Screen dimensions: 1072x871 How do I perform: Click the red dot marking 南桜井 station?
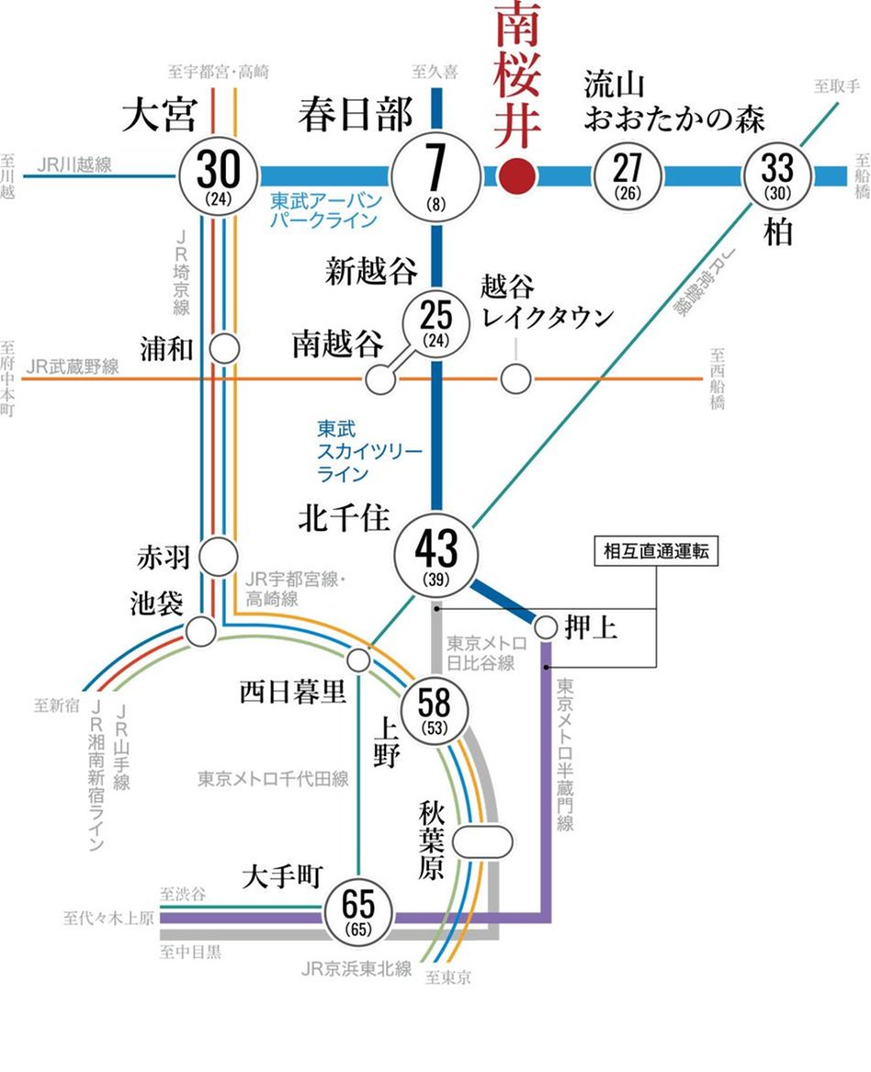tap(517, 175)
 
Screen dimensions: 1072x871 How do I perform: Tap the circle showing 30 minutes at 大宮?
tap(221, 175)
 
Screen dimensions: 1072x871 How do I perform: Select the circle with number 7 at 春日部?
tap(435, 175)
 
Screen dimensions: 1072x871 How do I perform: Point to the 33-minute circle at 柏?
tap(778, 175)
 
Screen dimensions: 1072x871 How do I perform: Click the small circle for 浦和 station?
tap(224, 349)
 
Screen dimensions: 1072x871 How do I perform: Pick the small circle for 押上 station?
tap(546, 627)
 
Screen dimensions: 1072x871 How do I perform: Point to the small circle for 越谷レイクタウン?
tap(515, 378)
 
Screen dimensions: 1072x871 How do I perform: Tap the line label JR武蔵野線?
tap(74, 367)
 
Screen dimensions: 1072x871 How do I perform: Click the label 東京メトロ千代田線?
tap(273, 779)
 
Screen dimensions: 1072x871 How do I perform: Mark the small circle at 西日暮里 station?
tap(360, 660)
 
